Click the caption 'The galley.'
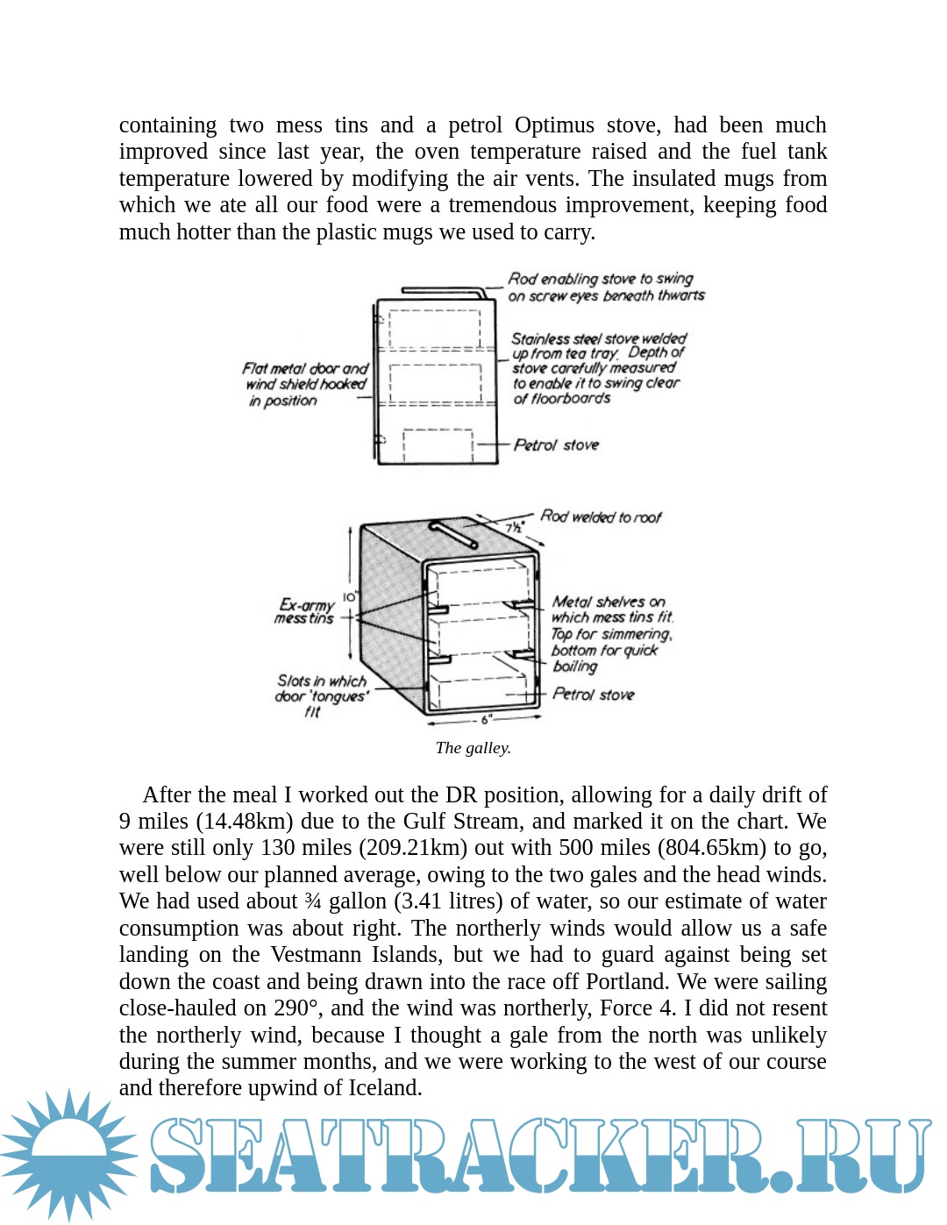coord(473,748)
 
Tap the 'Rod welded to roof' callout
coord(601,517)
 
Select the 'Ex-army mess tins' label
coord(305,611)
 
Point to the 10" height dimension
coord(349,597)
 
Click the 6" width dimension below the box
coord(486,720)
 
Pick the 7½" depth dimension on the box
coord(514,528)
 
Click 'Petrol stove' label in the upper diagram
coord(556,445)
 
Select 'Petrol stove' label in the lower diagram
coord(593,694)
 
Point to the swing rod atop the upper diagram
coord(443,291)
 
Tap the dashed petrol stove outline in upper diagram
coord(438,445)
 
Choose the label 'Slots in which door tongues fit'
coord(321,696)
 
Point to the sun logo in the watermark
coord(69,1153)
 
